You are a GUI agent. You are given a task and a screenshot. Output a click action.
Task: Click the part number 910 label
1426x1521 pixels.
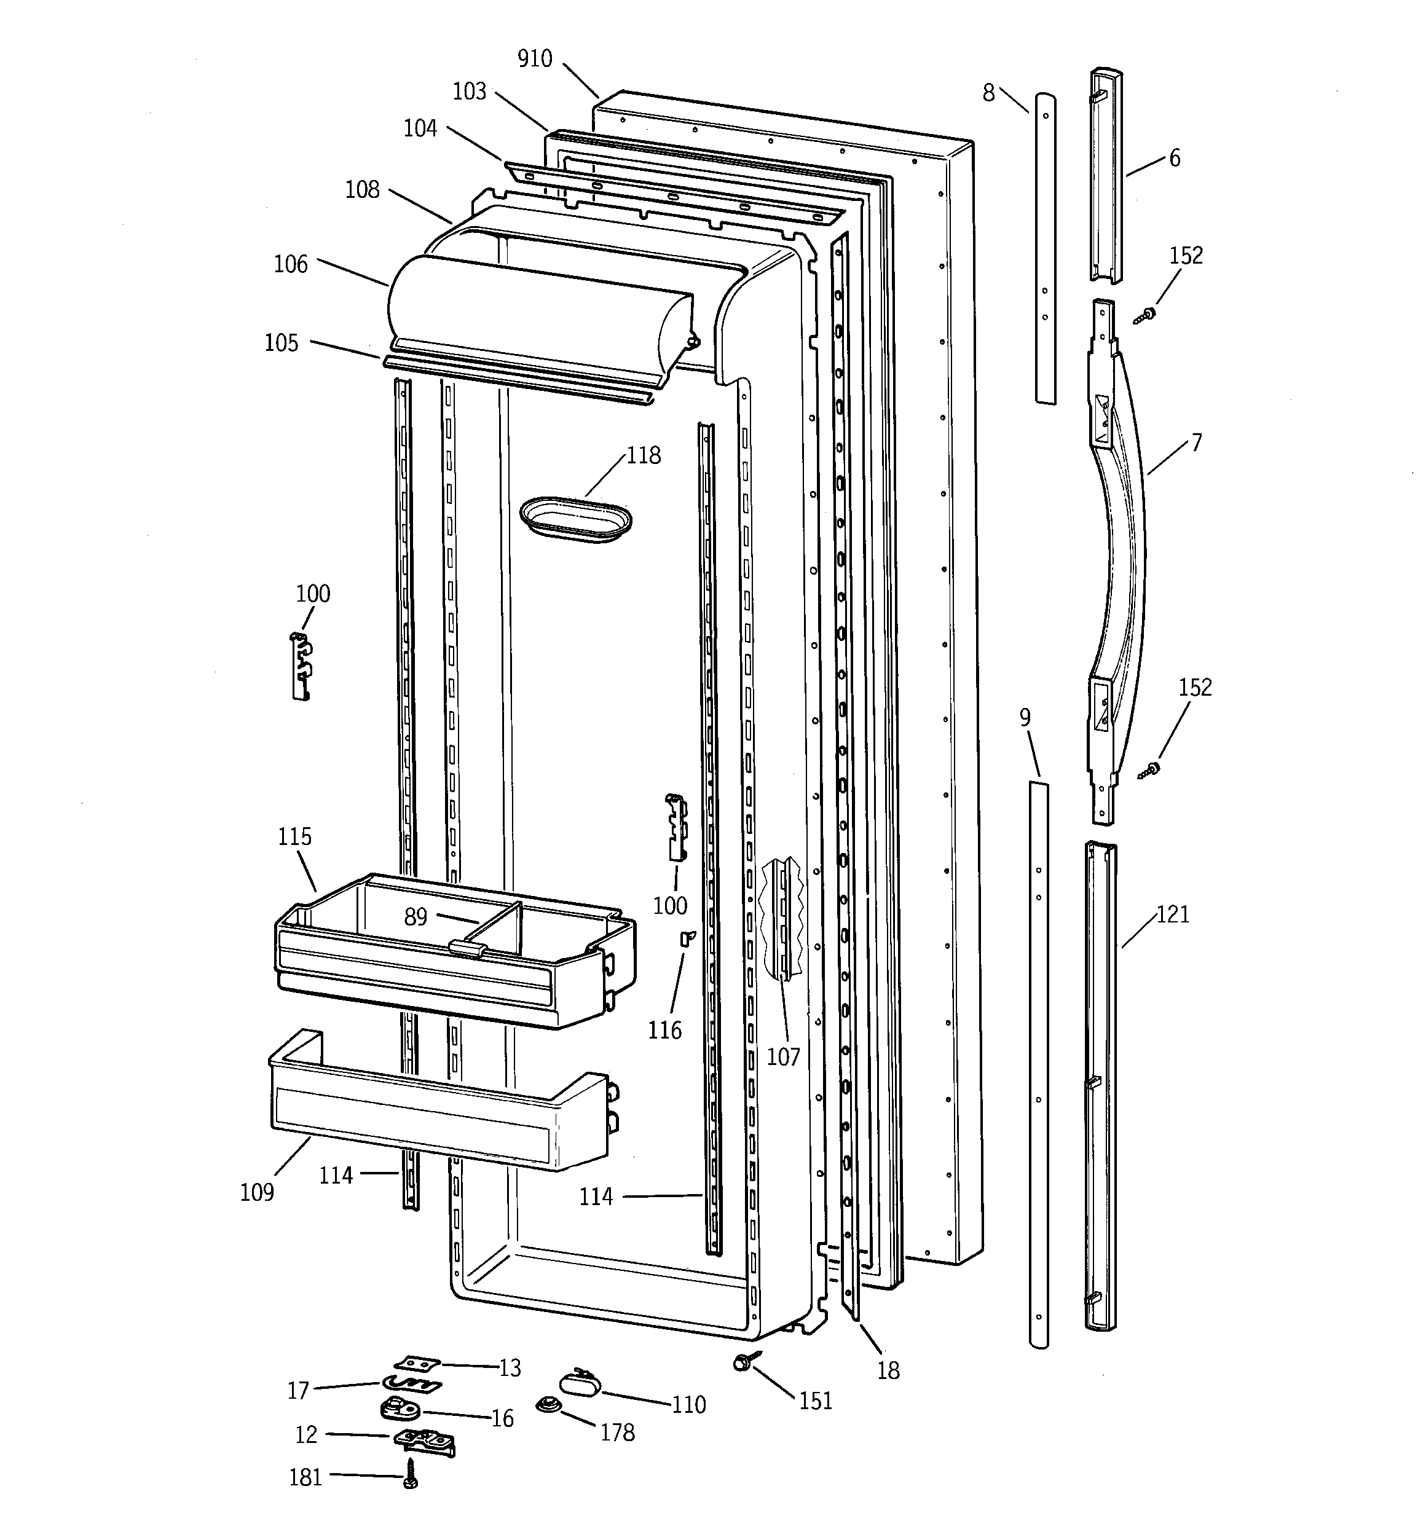tap(534, 59)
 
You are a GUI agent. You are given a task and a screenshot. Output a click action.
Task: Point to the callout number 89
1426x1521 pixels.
tap(416, 916)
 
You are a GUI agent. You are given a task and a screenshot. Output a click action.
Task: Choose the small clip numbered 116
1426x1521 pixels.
tap(687, 938)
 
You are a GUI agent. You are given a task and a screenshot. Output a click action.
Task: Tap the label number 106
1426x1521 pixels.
tap(291, 265)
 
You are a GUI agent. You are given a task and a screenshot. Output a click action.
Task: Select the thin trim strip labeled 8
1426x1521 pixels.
tap(1045, 249)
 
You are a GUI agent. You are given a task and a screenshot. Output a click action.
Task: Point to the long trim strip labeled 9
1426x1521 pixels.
tap(1038, 1064)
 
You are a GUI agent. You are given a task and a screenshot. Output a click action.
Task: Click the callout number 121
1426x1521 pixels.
tap(1173, 914)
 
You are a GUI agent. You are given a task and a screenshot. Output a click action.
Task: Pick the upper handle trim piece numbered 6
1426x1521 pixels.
tap(1106, 176)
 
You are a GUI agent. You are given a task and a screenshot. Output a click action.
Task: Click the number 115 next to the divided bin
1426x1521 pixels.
tap(294, 836)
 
